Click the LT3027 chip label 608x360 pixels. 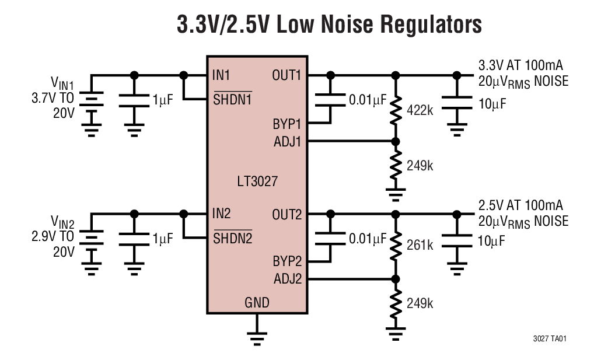tap(257, 181)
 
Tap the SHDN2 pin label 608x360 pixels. tap(232, 238)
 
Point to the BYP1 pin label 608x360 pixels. tap(287, 124)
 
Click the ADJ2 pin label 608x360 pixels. tap(288, 279)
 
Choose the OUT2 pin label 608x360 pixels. tap(287, 214)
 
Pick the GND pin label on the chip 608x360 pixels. tap(257, 302)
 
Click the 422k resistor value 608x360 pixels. tap(420, 110)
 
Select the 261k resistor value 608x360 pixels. tap(420, 246)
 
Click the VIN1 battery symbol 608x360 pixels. tap(91, 103)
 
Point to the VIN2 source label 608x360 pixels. tap(62, 221)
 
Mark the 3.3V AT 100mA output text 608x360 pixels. tap(520, 65)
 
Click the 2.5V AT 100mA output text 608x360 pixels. tap(520, 205)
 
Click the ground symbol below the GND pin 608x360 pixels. tap(257, 335)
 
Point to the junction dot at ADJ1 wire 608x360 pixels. tap(396, 141)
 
